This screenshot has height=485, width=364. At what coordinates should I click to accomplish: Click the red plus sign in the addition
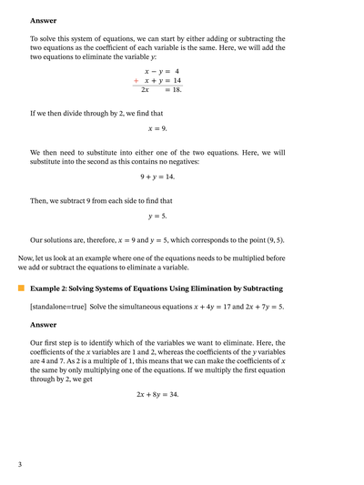click(x=136, y=81)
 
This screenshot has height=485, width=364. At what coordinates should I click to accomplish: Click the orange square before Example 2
click(x=20, y=288)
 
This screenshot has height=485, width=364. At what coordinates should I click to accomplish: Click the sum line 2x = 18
click(x=161, y=91)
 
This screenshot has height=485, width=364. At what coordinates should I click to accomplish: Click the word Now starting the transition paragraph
click(x=27, y=258)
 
